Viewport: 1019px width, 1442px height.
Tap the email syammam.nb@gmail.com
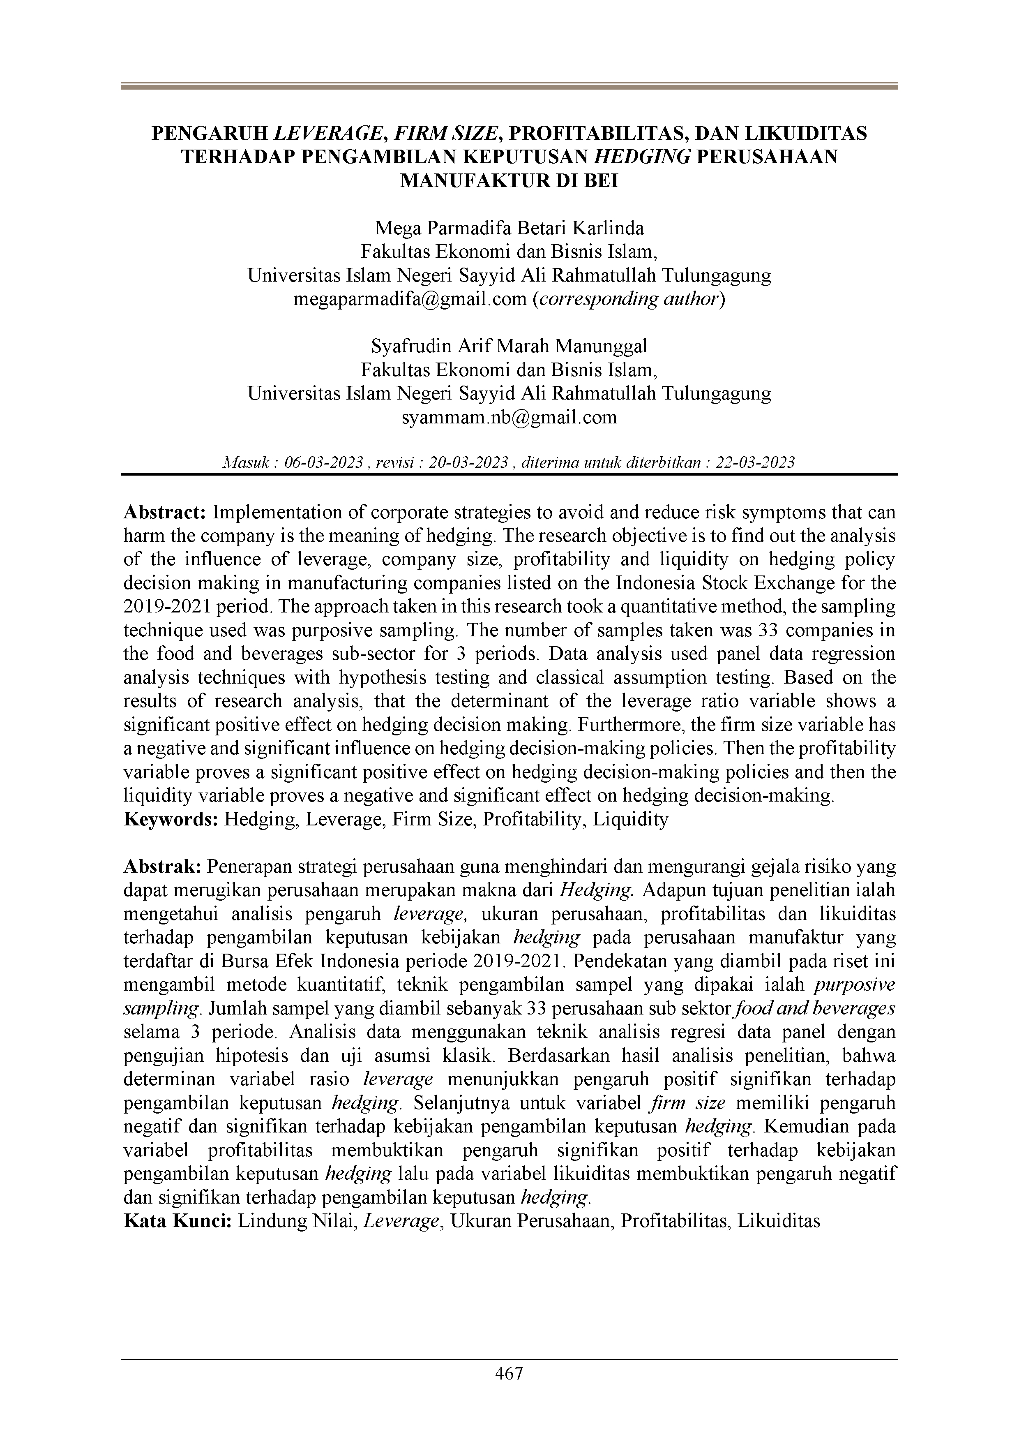[x=509, y=418]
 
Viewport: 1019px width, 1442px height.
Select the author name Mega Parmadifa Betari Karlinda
[x=509, y=228]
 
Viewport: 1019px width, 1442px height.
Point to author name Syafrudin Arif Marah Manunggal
[x=509, y=346]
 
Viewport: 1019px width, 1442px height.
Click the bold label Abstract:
[x=165, y=513]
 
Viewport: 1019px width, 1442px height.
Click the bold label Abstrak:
[x=163, y=867]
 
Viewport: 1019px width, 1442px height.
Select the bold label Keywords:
[x=171, y=820]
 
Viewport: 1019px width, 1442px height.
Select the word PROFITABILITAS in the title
[x=597, y=134]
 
